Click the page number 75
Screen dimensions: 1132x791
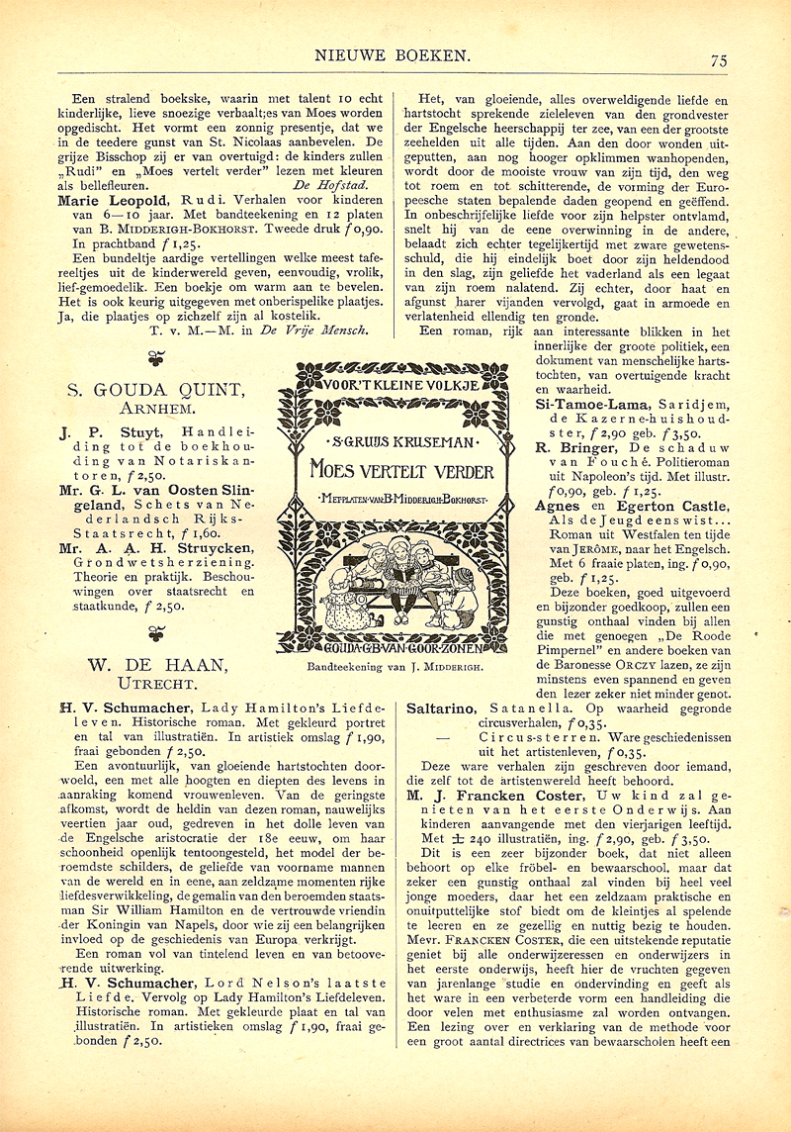[719, 59]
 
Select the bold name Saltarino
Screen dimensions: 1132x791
[441, 707]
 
